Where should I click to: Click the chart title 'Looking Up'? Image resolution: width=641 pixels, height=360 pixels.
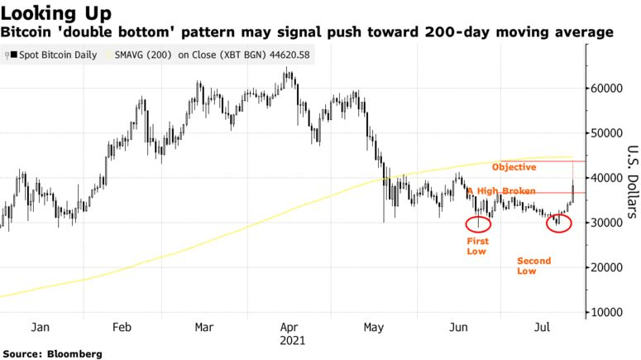click(56, 13)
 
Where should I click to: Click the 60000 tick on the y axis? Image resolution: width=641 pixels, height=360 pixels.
click(607, 89)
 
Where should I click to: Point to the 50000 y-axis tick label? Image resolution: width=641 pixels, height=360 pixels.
click(607, 133)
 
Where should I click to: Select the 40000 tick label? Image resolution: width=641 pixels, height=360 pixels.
click(607, 178)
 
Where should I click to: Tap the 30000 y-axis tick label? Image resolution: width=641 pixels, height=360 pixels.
click(607, 223)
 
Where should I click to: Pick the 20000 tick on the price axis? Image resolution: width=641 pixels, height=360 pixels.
click(607, 267)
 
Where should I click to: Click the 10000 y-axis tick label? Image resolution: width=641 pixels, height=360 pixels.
click(607, 313)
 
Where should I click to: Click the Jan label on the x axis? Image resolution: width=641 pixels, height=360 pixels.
click(40, 327)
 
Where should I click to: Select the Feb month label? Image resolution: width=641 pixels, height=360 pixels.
click(122, 327)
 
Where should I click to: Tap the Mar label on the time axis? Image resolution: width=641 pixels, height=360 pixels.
click(204, 327)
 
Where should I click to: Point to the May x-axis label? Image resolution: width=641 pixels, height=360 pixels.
click(374, 328)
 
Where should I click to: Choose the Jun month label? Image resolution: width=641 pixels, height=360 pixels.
click(458, 327)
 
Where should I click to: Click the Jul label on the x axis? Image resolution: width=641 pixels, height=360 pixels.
click(542, 327)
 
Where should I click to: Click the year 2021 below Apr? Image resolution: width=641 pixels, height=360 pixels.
click(292, 340)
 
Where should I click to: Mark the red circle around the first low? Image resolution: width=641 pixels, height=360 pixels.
click(466, 223)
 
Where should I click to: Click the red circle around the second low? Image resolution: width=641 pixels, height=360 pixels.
click(547, 223)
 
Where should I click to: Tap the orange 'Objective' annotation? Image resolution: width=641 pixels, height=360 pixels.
click(514, 167)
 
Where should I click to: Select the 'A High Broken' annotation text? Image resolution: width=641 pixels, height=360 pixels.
click(501, 191)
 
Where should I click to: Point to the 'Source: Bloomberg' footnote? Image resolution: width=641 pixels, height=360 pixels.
click(52, 354)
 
